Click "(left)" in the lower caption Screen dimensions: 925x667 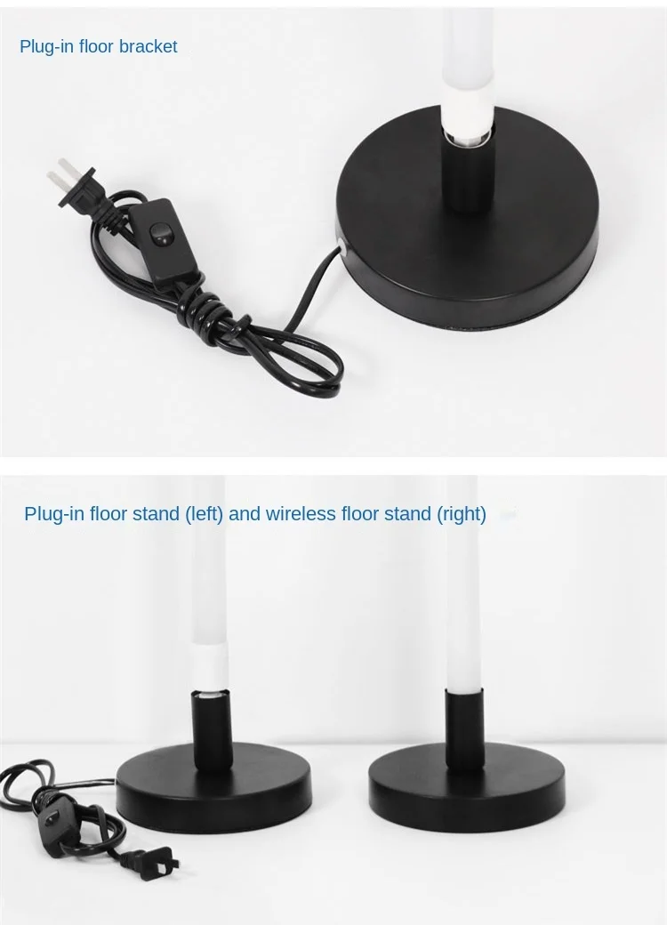click(x=204, y=514)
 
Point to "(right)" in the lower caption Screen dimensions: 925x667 click(x=462, y=514)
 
